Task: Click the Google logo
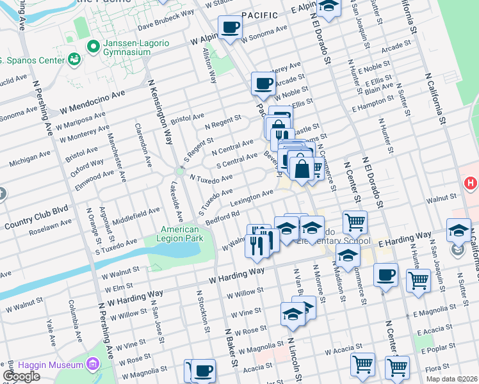click(20, 376)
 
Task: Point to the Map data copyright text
click(451, 379)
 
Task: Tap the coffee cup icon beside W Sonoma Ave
click(230, 28)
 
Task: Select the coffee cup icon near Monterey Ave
click(263, 83)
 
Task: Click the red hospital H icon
click(471, 184)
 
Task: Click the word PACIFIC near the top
click(261, 15)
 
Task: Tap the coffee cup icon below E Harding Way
click(386, 275)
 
